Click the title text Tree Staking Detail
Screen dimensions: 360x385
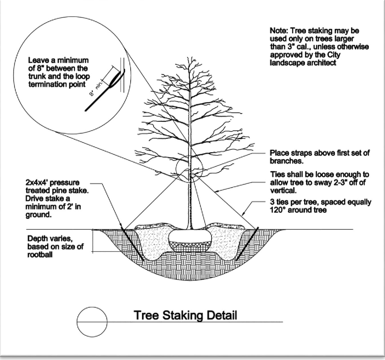point(185,316)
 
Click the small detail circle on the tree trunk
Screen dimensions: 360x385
point(190,169)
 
